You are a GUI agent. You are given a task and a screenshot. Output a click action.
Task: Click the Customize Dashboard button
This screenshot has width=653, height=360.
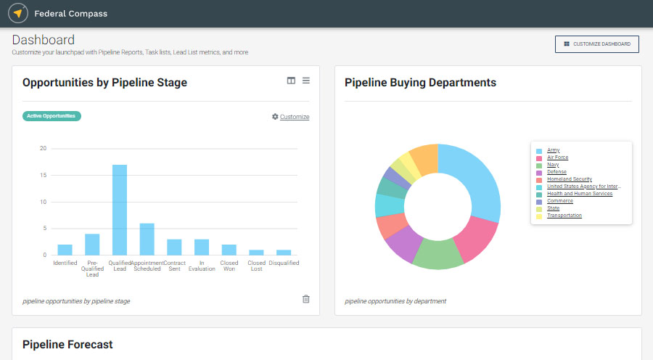[597, 44]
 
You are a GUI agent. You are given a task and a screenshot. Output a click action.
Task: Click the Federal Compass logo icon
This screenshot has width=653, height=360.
[18, 13]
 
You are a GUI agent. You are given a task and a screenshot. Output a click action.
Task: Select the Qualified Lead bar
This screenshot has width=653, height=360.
[120, 210]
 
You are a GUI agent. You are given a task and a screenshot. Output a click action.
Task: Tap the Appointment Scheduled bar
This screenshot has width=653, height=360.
[147, 239]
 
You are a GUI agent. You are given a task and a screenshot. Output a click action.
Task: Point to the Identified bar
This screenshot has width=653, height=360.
[65, 250]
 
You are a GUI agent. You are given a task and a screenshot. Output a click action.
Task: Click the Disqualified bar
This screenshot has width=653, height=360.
[284, 252]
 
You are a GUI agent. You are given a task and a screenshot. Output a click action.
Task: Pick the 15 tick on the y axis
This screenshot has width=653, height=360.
[44, 175]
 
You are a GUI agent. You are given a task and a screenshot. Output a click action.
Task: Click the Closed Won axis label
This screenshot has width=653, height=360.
[229, 266]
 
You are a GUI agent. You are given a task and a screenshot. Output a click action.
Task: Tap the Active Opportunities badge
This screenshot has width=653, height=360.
[52, 116]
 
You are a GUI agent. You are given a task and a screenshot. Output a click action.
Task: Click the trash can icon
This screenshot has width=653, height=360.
[305, 299]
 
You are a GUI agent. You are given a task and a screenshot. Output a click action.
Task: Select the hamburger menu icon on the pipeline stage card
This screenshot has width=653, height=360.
[306, 81]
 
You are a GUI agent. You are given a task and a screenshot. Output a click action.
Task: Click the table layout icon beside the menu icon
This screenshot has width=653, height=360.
[291, 81]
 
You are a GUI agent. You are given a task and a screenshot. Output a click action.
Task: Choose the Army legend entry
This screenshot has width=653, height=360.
[553, 150]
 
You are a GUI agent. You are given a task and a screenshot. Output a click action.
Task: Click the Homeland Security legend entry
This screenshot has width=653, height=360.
[569, 179]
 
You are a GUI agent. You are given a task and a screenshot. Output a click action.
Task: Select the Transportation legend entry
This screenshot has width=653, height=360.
[564, 216]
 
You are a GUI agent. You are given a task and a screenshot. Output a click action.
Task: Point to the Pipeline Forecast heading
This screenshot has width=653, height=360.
[67, 344]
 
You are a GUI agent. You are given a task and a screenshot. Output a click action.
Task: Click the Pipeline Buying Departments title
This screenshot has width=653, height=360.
[420, 83]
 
